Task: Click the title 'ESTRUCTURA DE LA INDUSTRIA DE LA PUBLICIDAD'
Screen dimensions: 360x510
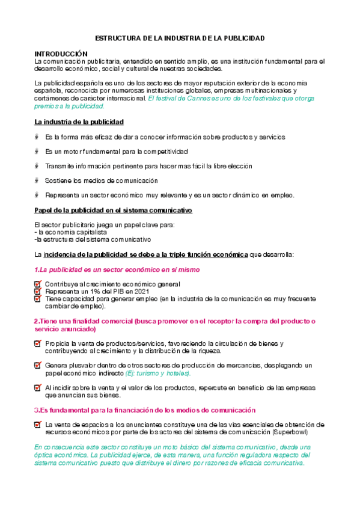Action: [x=180, y=38]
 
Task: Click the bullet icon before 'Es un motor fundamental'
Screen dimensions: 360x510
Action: [x=38, y=152]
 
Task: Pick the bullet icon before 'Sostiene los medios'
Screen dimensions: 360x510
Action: [x=38, y=180]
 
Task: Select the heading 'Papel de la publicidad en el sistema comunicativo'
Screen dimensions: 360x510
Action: [x=113, y=210]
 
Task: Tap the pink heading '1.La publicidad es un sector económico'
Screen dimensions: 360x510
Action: [x=117, y=270]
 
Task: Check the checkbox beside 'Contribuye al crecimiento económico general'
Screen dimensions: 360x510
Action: [x=38, y=284]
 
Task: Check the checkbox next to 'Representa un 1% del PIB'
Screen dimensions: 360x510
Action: [x=38, y=291]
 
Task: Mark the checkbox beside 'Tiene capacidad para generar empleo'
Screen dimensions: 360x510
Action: [x=38, y=298]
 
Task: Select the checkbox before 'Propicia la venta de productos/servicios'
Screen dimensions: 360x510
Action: [x=38, y=343]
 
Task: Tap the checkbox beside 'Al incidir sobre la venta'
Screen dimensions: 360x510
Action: [x=38, y=388]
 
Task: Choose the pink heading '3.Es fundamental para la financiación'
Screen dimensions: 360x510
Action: [x=144, y=410]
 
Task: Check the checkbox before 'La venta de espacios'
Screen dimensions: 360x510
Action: [x=38, y=425]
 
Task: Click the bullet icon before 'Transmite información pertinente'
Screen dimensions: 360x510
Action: [x=38, y=166]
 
